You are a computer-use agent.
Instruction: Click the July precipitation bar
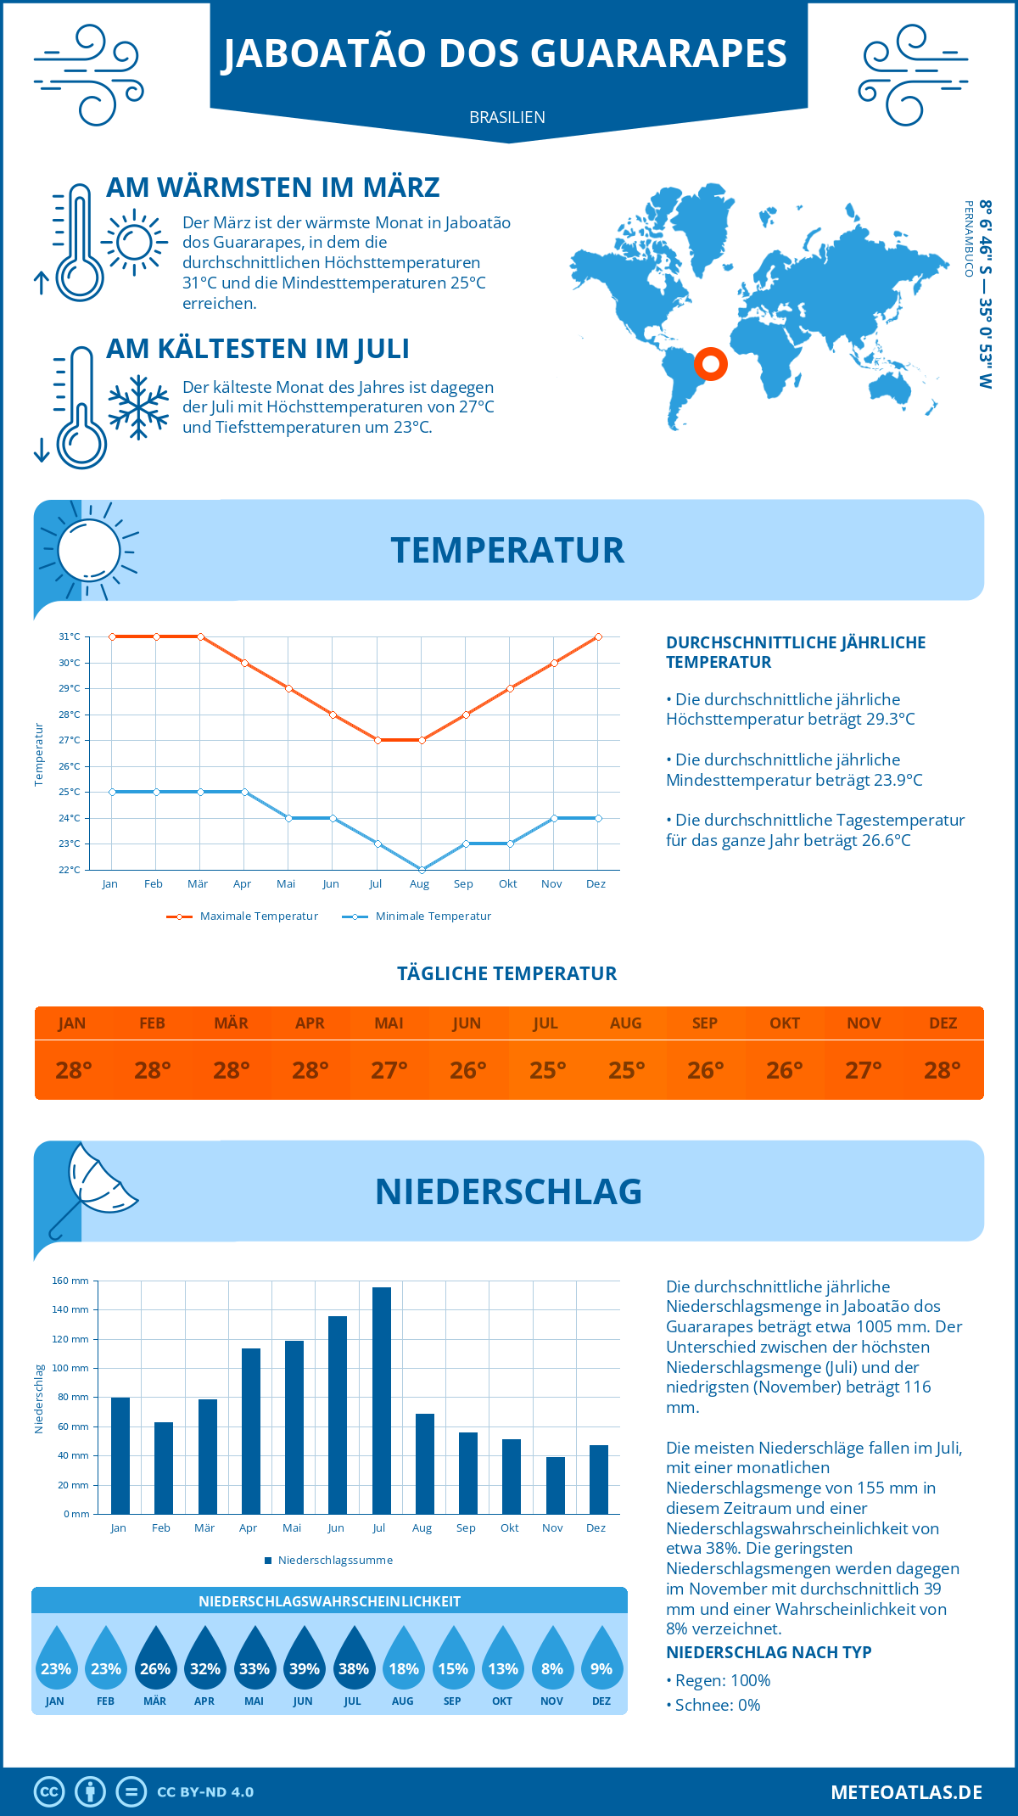(381, 1401)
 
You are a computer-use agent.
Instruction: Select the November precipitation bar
(555, 1485)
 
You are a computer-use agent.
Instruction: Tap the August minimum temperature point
(422, 870)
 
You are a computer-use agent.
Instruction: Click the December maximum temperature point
(598, 636)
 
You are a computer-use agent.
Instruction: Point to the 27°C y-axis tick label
(70, 740)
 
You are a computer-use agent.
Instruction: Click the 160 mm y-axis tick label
(70, 1281)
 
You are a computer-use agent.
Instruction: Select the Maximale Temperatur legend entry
(243, 916)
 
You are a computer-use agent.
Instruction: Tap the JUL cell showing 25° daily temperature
(547, 1070)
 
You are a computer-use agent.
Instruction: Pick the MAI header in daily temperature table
(389, 1023)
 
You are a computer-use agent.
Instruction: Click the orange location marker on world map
(711, 364)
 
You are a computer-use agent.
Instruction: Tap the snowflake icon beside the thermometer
(138, 407)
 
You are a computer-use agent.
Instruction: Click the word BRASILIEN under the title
(507, 117)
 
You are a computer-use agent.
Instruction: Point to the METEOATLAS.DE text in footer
(906, 1792)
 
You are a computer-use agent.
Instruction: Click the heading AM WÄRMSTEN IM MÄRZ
(273, 188)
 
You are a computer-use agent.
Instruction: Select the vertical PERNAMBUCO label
(968, 238)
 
